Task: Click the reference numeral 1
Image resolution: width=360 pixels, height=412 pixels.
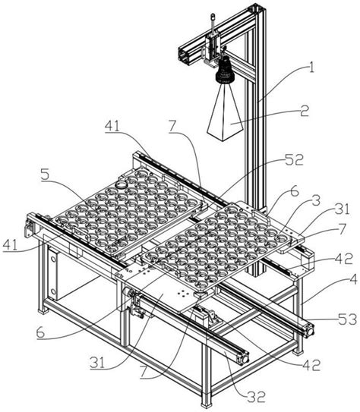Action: tap(311, 68)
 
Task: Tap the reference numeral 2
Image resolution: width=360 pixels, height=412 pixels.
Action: tap(305, 111)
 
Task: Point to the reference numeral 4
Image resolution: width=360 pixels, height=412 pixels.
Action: tap(353, 279)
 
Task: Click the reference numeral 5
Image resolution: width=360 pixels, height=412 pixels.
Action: tap(45, 175)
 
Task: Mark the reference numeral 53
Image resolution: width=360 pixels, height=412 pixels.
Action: tap(347, 319)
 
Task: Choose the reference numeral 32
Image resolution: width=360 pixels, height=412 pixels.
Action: tap(256, 397)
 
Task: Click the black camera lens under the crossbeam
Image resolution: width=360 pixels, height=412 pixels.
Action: tap(224, 71)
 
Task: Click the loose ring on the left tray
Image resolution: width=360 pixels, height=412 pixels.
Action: tap(122, 184)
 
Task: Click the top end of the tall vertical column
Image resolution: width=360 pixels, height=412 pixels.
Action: tap(257, 8)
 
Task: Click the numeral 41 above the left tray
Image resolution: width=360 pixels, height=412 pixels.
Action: tap(112, 127)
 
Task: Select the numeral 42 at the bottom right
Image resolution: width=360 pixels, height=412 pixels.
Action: tap(311, 365)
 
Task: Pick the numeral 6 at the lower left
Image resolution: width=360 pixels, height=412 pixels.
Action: tap(41, 333)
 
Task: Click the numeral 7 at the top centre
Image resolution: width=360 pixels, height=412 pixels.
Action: tap(172, 127)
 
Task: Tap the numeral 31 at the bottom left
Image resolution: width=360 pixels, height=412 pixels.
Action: tap(97, 363)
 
